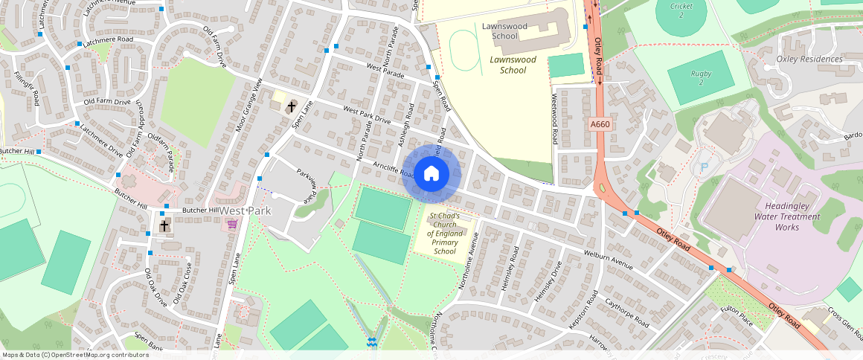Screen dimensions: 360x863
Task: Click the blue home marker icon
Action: tap(431, 174)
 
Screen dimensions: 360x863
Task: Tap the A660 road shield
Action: tap(600, 125)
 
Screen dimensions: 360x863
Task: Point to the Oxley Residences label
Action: tap(809, 59)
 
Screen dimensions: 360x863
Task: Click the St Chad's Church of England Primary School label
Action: tap(444, 234)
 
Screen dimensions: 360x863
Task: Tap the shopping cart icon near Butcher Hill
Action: tap(232, 223)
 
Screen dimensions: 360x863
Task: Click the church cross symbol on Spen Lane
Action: tap(290, 106)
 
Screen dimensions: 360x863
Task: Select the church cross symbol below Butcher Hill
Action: tap(164, 225)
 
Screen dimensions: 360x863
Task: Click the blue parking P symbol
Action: tap(704, 168)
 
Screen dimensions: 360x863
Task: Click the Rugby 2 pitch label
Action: tap(700, 77)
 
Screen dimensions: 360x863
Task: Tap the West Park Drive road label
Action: tap(366, 115)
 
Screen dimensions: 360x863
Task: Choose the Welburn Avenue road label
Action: tap(608, 260)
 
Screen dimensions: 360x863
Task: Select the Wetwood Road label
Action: tap(555, 119)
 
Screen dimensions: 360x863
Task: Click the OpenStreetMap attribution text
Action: tap(75, 355)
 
